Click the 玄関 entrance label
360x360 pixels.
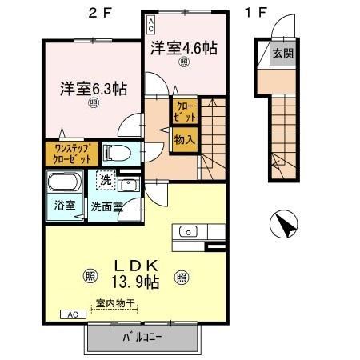click(282, 54)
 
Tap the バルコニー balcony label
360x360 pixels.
click(142, 337)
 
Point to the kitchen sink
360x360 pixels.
click(189, 232)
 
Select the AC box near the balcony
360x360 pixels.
click(72, 314)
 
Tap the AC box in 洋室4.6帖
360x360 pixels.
click(150, 23)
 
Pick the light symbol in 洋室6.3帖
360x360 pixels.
click(93, 102)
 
